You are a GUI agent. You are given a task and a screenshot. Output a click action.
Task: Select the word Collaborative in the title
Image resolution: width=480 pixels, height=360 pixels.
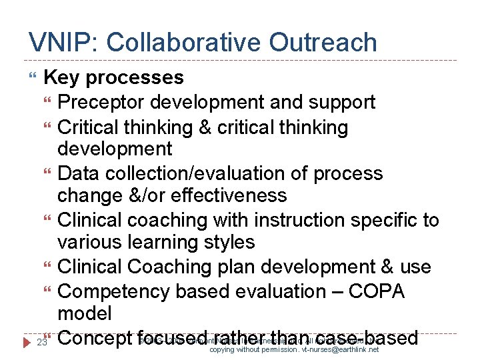(185, 42)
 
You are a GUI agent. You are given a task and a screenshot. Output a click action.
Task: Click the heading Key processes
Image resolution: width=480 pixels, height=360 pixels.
(113, 77)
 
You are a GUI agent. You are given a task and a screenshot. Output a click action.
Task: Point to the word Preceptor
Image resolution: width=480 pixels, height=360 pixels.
(101, 102)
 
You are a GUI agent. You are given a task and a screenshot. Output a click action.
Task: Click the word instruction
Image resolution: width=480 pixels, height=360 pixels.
(302, 220)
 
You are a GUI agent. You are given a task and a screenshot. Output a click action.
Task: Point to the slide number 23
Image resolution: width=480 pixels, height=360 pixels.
(41, 342)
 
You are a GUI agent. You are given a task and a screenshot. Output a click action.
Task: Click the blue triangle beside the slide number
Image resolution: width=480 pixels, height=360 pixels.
(26, 342)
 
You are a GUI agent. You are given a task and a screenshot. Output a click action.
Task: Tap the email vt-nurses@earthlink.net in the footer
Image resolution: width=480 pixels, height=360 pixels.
(332, 349)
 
